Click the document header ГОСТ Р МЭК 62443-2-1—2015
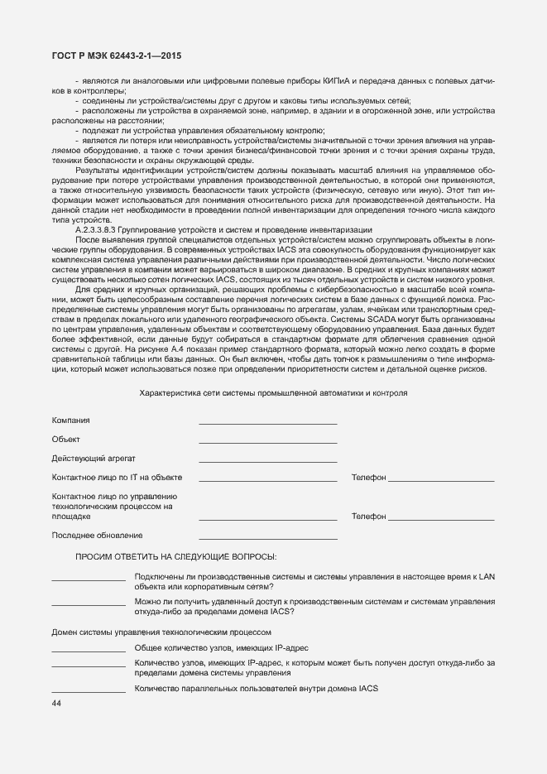pyautogui.click(x=111, y=55)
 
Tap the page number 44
pyautogui.click(x=56, y=703)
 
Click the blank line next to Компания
pyautogui.click(x=267, y=424)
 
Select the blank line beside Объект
pyautogui.click(x=267, y=443)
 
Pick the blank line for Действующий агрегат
pyautogui.click(x=267, y=462)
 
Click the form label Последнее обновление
pyautogui.click(x=97, y=536)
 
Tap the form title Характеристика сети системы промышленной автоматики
pyautogui.click(x=273, y=393)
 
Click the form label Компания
pyautogui.click(x=71, y=421)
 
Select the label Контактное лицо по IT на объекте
pyautogui.click(x=117, y=477)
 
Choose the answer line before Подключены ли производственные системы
pyautogui.click(x=89, y=579)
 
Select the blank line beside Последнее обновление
pyautogui.click(x=267, y=539)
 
